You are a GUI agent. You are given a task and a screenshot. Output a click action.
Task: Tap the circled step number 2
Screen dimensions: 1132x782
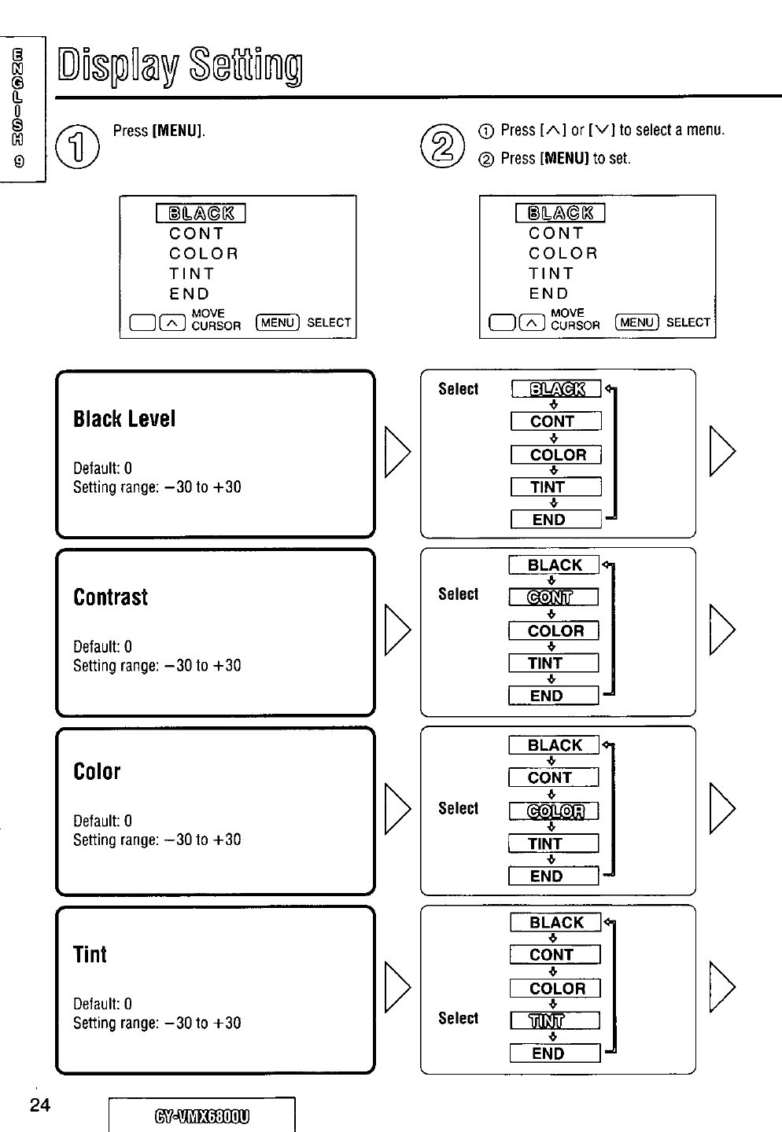click(440, 146)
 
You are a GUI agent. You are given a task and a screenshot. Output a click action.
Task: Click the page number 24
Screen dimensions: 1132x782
click(39, 1105)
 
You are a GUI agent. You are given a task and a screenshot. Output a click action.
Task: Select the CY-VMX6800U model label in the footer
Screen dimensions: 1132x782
click(201, 1116)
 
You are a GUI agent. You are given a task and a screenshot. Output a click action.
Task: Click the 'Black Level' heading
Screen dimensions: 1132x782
click(124, 419)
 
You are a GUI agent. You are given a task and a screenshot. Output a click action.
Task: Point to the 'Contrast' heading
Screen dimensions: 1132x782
click(111, 597)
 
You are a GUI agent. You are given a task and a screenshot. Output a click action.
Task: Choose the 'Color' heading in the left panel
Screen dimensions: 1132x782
click(97, 772)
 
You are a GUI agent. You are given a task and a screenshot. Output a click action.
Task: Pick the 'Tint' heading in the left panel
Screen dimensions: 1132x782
click(90, 954)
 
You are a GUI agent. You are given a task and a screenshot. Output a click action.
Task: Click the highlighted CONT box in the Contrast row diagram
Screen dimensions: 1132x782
click(553, 597)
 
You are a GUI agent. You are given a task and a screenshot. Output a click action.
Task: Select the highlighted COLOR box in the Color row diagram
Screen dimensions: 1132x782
click(555, 810)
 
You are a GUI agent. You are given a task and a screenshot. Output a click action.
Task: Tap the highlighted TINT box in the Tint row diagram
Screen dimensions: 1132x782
click(555, 1020)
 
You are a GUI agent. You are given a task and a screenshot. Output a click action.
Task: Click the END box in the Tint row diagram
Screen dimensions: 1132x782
click(555, 1053)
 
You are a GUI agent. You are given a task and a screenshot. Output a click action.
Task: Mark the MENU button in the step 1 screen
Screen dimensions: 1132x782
click(278, 322)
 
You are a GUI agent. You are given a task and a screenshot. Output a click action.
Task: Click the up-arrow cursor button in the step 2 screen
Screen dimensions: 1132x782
click(533, 322)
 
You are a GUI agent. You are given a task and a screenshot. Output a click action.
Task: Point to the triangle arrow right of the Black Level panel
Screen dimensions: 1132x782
click(397, 452)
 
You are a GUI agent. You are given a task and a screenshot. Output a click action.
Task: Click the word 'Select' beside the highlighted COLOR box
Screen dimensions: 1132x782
click(458, 809)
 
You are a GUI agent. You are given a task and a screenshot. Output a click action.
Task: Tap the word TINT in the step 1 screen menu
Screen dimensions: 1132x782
click(191, 274)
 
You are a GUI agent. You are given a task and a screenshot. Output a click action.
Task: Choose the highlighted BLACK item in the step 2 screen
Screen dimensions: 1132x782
click(560, 213)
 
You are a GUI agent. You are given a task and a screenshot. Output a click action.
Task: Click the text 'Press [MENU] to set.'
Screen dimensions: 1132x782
click(565, 158)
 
